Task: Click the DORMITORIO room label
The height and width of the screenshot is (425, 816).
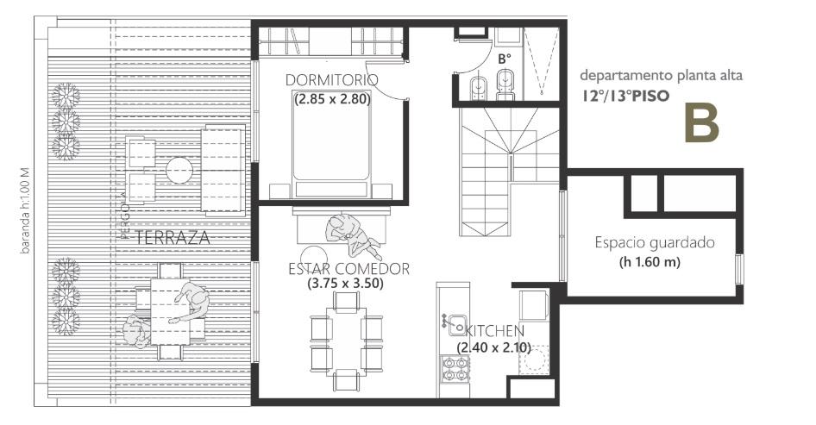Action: (x=331, y=80)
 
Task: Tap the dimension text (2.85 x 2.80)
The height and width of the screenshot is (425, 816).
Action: (x=332, y=98)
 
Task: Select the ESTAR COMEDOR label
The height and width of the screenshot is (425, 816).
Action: (x=348, y=269)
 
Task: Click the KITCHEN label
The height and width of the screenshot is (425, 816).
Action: (x=494, y=331)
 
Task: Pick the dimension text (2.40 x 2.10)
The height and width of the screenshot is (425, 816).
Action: (x=493, y=347)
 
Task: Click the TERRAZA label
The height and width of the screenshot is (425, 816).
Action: (x=173, y=238)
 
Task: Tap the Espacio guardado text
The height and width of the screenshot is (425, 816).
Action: (x=655, y=243)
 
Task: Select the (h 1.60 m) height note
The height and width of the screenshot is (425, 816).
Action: (x=650, y=262)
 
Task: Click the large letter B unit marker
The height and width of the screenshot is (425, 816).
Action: (x=701, y=123)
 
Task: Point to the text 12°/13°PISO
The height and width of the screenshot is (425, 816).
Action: (x=625, y=96)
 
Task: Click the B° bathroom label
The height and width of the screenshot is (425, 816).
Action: (x=505, y=59)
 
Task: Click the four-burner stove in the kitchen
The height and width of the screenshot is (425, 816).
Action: (x=455, y=369)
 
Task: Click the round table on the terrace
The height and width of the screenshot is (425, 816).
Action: (x=179, y=170)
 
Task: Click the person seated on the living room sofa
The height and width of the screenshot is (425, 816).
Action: (x=351, y=235)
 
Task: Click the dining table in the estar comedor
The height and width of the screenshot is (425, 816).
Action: (x=346, y=341)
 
